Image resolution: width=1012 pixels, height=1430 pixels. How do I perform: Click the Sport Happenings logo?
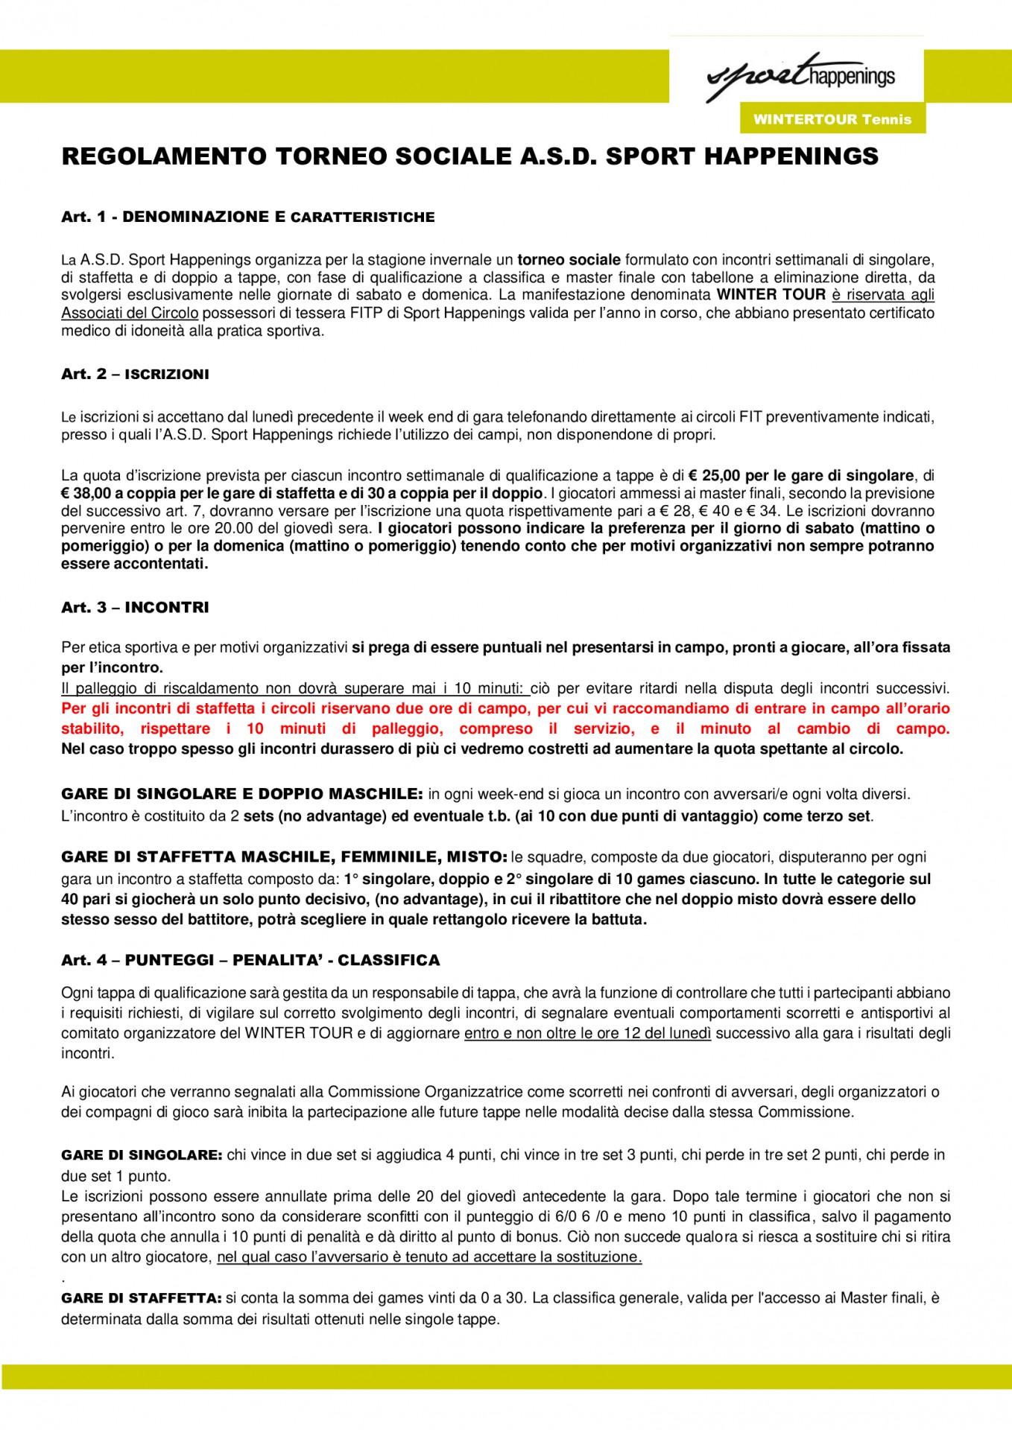[x=800, y=76]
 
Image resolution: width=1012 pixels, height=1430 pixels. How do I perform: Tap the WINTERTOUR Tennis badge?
[x=832, y=119]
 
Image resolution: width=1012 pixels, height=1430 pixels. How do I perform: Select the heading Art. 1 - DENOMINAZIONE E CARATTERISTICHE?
[x=247, y=217]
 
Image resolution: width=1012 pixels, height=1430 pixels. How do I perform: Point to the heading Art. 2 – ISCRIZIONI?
[x=135, y=374]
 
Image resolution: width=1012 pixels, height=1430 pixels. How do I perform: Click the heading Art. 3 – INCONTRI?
[x=135, y=607]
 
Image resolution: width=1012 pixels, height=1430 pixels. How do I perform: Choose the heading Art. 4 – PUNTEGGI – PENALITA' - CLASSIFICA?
[x=250, y=960]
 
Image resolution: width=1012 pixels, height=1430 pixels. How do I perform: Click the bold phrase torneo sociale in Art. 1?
[x=569, y=260]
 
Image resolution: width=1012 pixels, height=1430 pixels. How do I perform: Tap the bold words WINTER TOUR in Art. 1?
[x=771, y=295]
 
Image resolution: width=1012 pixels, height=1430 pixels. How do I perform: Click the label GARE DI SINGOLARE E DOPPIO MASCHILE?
[x=242, y=794]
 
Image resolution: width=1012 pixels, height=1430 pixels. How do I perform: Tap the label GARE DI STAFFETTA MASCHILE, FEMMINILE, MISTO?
[x=284, y=857]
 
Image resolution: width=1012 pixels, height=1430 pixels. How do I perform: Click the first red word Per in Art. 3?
[x=73, y=708]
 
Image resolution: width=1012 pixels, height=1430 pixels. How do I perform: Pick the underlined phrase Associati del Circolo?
[x=130, y=313]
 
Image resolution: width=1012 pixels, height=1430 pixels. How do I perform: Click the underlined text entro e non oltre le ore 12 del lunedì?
[x=587, y=1033]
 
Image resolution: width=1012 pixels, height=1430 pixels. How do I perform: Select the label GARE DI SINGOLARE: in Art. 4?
[x=142, y=1155]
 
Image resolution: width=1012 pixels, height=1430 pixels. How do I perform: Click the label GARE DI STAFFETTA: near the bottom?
[x=142, y=1298]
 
